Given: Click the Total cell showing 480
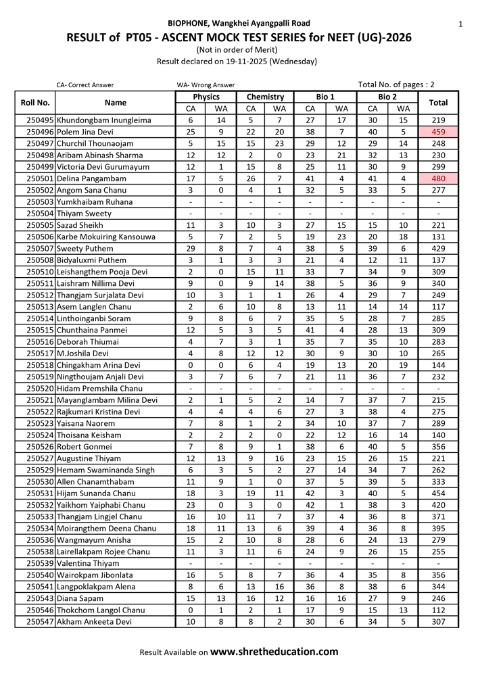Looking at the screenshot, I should pyautogui.click(x=438, y=178).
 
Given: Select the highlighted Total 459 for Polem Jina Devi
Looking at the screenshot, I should pyautogui.click(x=438, y=132).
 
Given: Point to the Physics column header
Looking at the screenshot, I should pyautogui.click(x=206, y=97).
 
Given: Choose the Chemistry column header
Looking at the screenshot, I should pyautogui.click(x=265, y=97).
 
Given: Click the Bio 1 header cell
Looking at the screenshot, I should pyautogui.click(x=325, y=97).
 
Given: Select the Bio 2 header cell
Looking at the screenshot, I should pyautogui.click(x=387, y=97).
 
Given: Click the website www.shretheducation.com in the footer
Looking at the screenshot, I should pyautogui.click(x=274, y=652).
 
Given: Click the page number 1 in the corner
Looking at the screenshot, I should pyautogui.click(x=460, y=24).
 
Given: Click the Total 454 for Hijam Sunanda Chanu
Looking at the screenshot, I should pyautogui.click(x=438, y=493).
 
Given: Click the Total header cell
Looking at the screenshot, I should pyautogui.click(x=438, y=103).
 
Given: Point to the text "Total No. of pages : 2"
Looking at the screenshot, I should pyautogui.click(x=396, y=84).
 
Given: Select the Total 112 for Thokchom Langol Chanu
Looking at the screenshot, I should pyautogui.click(x=438, y=610).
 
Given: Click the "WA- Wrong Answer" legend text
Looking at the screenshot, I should pyautogui.click(x=206, y=85).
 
